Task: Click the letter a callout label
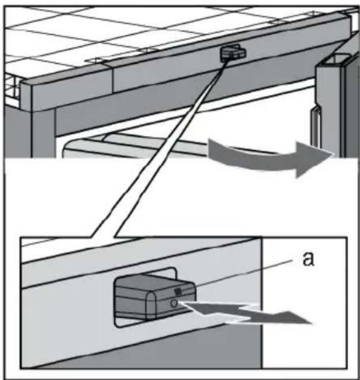[x=308, y=259]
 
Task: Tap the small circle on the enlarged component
[x=174, y=304]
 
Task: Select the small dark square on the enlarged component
[x=178, y=291]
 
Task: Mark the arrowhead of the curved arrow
[x=312, y=160]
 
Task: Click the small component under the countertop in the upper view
[x=232, y=53]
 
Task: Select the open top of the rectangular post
[x=335, y=60]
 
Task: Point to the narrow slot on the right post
[x=316, y=126]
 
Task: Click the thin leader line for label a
[x=244, y=273]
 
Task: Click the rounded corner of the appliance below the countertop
[x=65, y=148]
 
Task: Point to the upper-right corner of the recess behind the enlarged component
[x=175, y=269]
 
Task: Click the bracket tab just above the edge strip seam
[x=96, y=60]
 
